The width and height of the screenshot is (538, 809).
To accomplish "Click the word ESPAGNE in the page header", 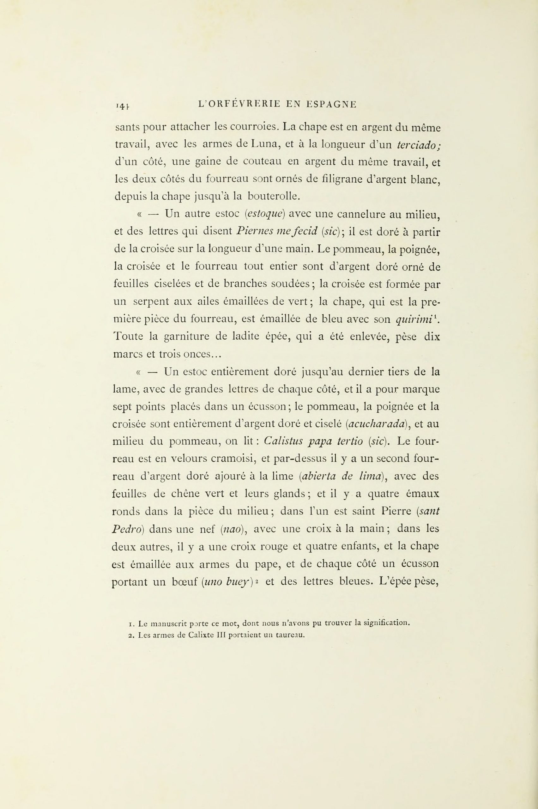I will (331, 104).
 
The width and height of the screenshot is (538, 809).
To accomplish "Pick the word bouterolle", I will (274, 197).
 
